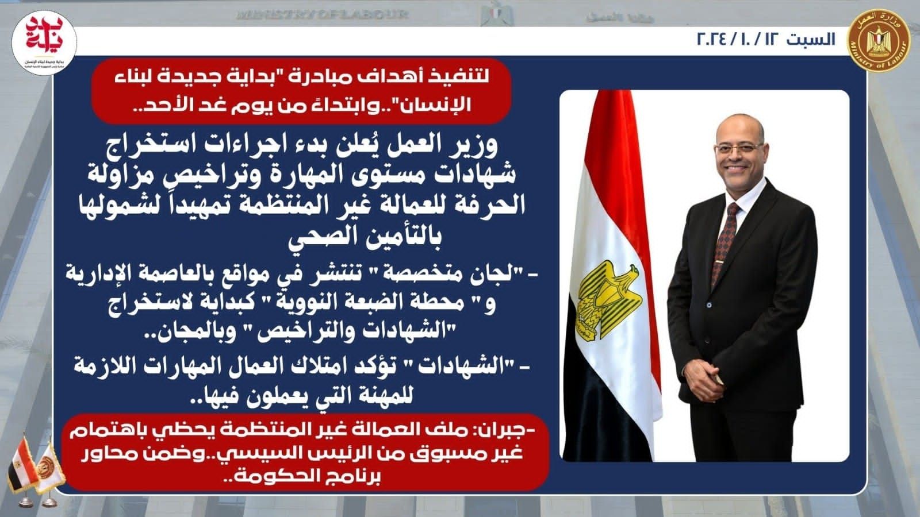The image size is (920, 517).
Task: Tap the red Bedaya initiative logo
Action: [44, 43]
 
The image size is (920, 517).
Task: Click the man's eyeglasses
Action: [738, 148]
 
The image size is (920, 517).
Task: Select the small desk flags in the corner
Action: [36, 471]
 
